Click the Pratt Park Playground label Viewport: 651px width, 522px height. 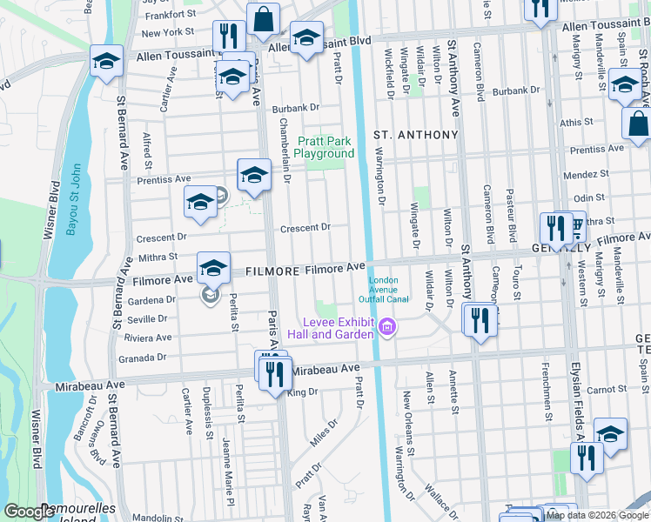coord(326,147)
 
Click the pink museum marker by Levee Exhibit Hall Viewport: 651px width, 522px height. coord(387,328)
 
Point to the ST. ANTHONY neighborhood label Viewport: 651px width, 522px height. coord(415,135)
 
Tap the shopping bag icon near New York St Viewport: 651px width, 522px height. coord(262,18)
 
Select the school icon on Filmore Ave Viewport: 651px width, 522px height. coord(211,267)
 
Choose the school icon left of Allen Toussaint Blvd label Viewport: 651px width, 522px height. coord(106,60)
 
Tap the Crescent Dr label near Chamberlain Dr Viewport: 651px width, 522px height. coord(305,228)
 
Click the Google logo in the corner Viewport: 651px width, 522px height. coord(29,512)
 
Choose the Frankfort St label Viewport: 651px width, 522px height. coord(171,15)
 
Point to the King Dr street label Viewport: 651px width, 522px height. coord(303,392)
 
